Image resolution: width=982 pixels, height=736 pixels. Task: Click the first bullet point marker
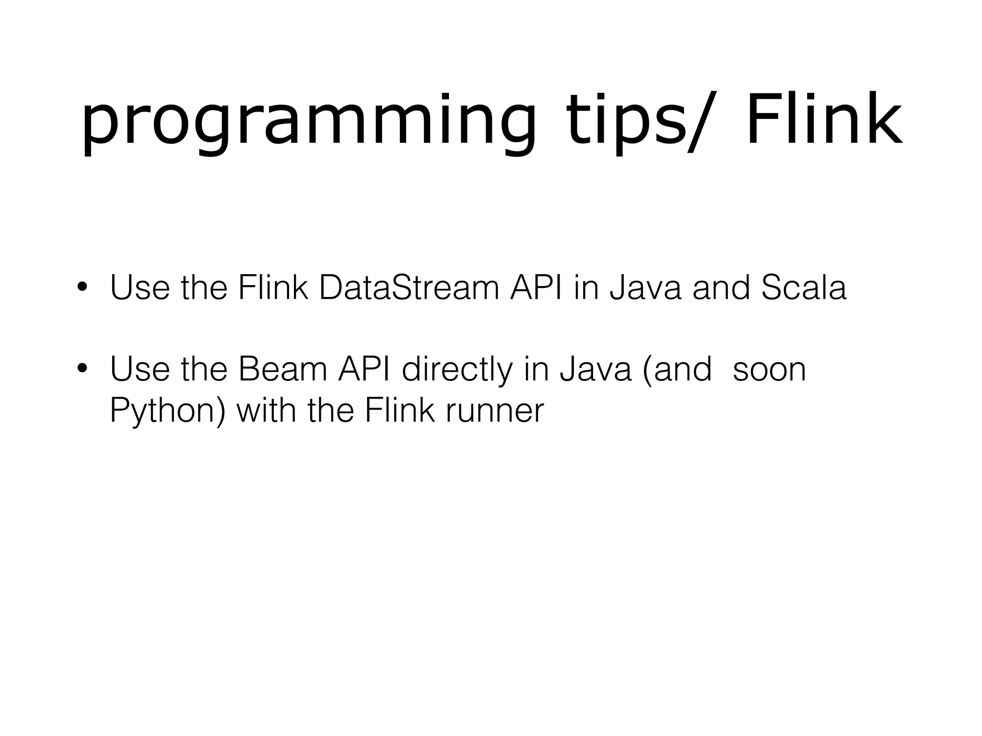tap(82, 287)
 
